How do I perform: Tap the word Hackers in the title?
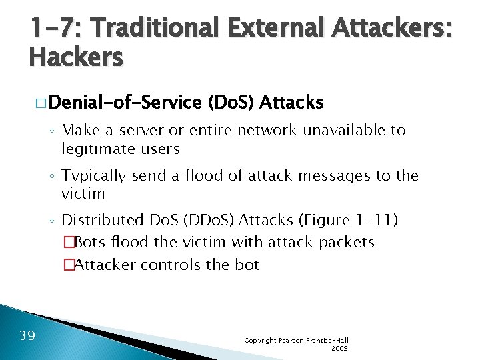click(x=76, y=58)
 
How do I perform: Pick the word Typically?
click(x=94, y=176)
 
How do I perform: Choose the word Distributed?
click(x=102, y=219)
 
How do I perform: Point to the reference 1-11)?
click(x=369, y=219)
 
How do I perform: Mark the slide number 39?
click(x=27, y=335)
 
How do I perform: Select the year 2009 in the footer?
click(x=339, y=348)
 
